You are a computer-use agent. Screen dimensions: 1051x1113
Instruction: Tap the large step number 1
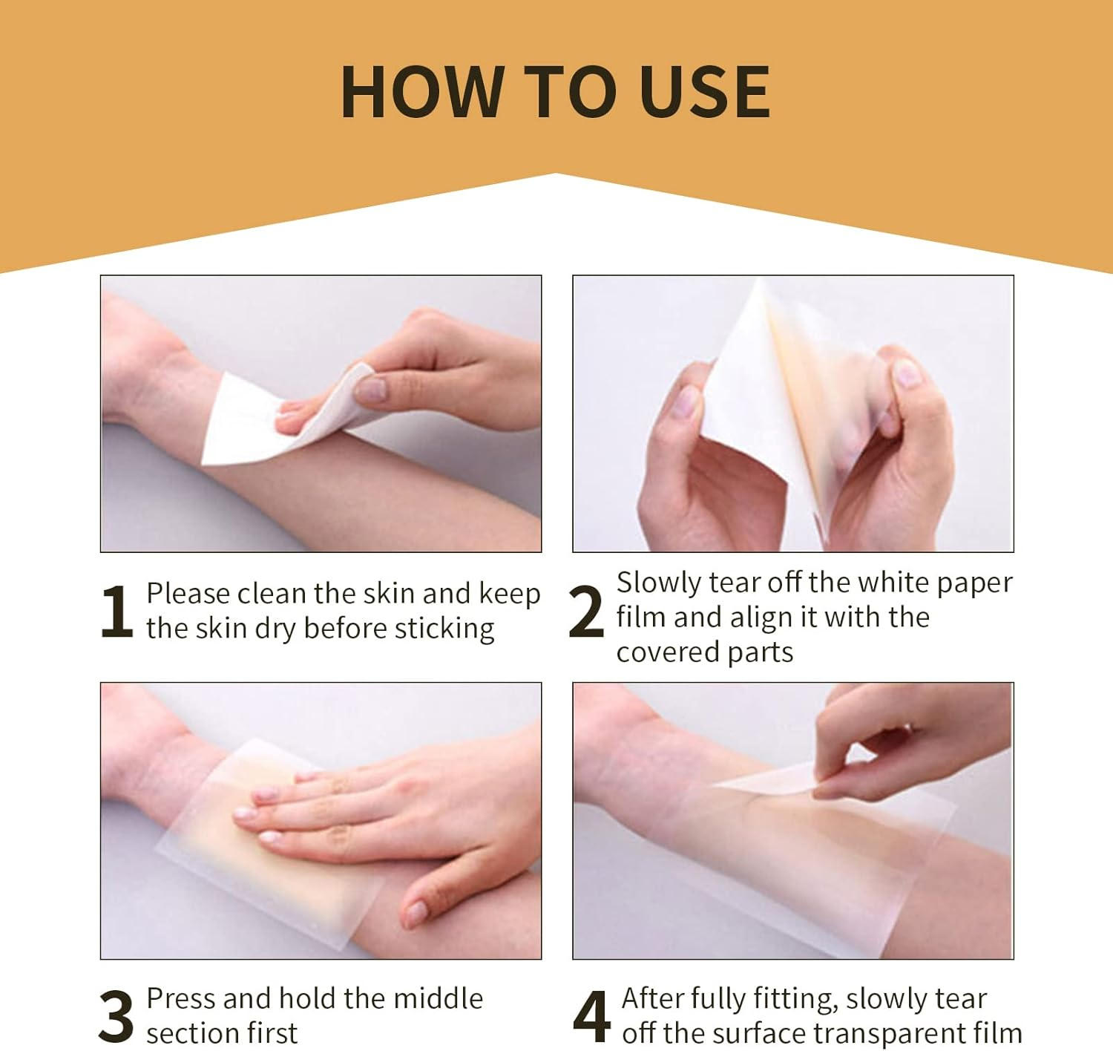click(116, 612)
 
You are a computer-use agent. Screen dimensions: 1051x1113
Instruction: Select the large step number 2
click(586, 612)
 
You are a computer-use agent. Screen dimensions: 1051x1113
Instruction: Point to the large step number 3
click(116, 1016)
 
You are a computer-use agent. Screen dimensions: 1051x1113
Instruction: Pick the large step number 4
click(591, 1016)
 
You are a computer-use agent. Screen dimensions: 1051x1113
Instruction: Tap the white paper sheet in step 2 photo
click(742, 416)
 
